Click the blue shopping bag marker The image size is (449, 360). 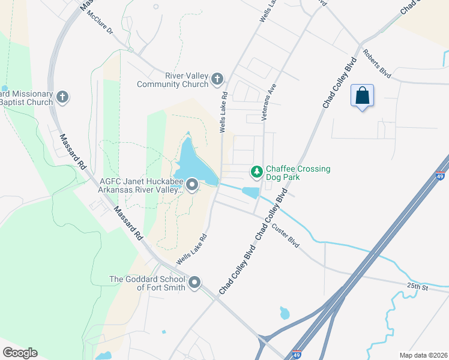(362, 96)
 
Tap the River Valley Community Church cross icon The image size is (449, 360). (217, 79)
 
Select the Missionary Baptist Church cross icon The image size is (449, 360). (62, 97)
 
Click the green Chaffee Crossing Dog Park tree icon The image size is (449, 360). (257, 173)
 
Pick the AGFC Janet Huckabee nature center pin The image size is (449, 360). (192, 185)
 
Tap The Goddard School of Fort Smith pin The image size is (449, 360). (194, 282)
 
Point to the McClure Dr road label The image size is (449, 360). (100, 22)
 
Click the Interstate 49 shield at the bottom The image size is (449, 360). (297, 355)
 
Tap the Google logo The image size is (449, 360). (20, 353)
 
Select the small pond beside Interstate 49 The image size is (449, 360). (284, 313)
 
